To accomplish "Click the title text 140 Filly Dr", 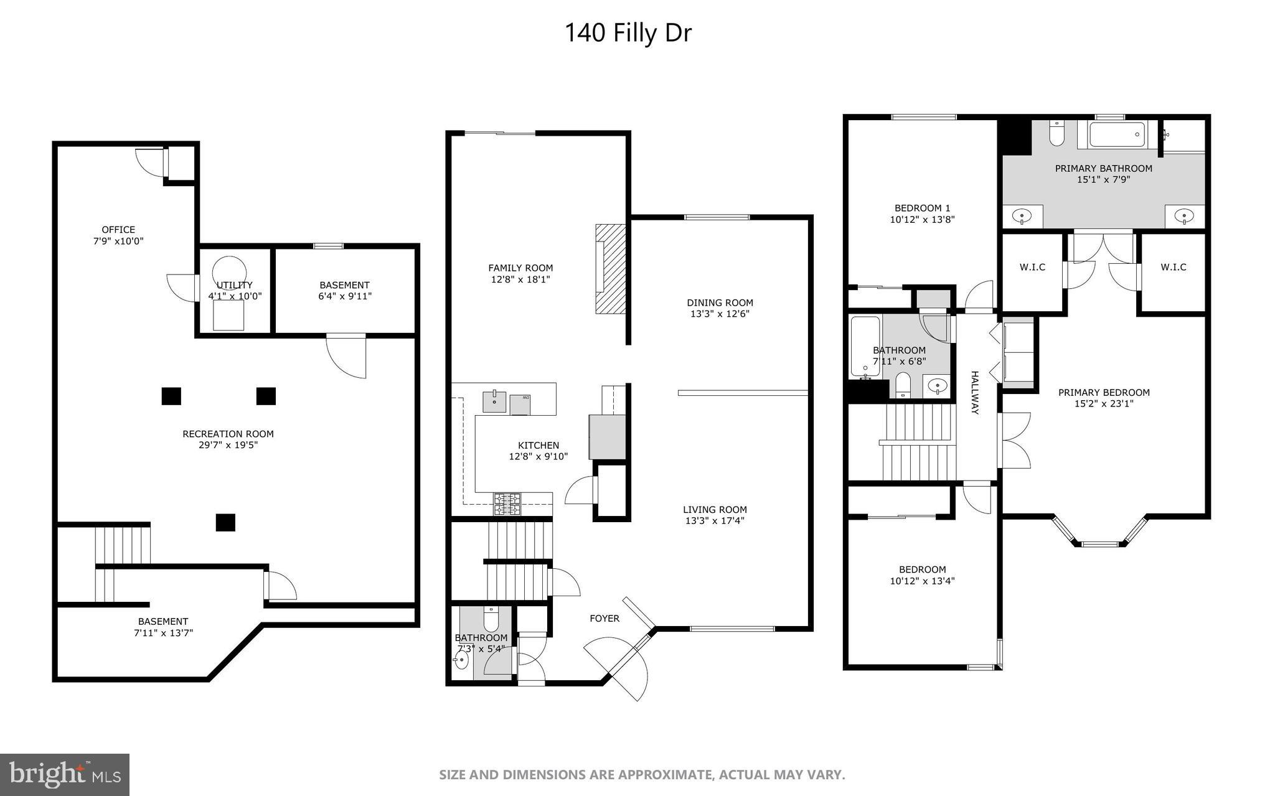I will (x=628, y=33).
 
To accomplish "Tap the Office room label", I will (x=118, y=230).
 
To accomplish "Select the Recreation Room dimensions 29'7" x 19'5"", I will (x=228, y=445).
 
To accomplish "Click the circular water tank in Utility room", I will (x=229, y=272).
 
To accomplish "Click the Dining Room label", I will (x=720, y=302).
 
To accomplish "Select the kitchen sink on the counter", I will (x=495, y=401).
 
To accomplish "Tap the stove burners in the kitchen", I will (x=507, y=504).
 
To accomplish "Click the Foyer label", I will (x=605, y=618).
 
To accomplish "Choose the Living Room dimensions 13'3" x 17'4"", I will (x=715, y=520).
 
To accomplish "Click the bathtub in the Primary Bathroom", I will (x=1117, y=134).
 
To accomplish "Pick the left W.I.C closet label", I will (x=1032, y=267).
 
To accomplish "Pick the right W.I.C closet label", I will (x=1173, y=267).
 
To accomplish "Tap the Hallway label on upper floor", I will (x=975, y=393).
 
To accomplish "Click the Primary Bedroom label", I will (x=1104, y=392).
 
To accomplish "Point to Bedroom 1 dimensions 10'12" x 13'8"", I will (x=922, y=219).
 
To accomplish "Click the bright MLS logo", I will (x=65, y=774).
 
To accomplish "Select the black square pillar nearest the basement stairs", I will (x=225, y=522).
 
